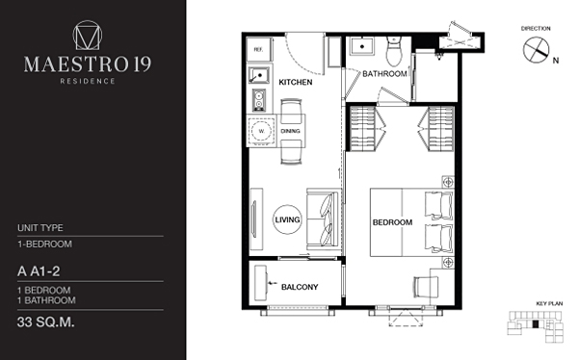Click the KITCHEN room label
tap(296, 82)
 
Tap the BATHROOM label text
tap(384, 74)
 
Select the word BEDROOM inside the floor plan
tap(392, 222)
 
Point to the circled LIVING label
tap(287, 219)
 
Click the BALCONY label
tap(300, 287)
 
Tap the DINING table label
tap(291, 131)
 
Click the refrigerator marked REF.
tap(259, 49)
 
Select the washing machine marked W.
tap(261, 131)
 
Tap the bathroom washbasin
tap(362, 47)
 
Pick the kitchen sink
tap(259, 75)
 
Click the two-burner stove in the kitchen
tap(259, 99)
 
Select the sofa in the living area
tap(324, 219)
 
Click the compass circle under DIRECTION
tap(536, 50)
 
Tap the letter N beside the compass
tap(556, 61)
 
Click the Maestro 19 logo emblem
tap(88, 35)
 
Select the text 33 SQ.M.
tap(45, 322)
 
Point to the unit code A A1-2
tap(39, 271)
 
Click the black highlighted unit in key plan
tap(536, 324)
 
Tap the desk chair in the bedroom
tap(426, 288)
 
